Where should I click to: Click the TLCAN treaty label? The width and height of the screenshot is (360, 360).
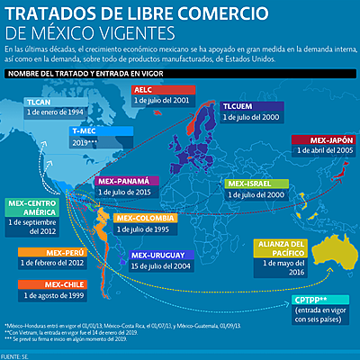[40, 103]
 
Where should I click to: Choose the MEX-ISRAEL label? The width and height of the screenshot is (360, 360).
[252, 183]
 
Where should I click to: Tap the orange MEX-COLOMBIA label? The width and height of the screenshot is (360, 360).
[146, 218]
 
